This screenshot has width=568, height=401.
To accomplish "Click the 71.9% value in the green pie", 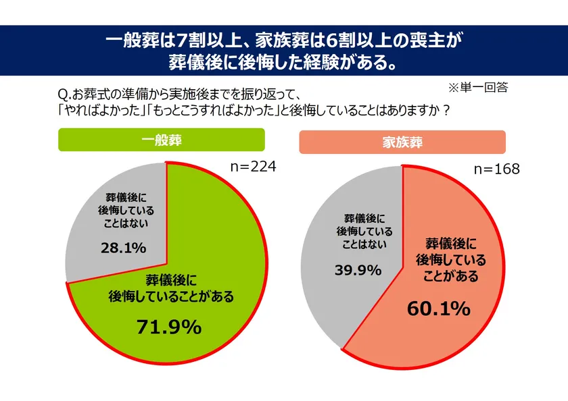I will [x=168, y=327].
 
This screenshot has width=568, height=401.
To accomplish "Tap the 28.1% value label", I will [x=123, y=248].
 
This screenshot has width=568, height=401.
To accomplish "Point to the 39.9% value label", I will [x=358, y=270].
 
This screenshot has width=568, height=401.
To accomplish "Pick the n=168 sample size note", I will [x=496, y=169].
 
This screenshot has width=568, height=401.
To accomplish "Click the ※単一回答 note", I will [x=477, y=87].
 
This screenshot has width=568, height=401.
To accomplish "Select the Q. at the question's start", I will [x=66, y=93].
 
